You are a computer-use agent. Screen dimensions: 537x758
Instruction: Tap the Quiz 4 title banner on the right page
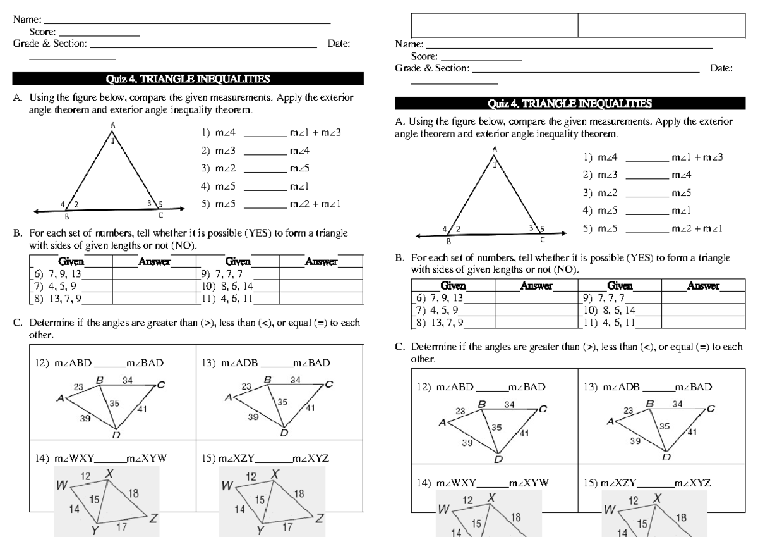(570, 103)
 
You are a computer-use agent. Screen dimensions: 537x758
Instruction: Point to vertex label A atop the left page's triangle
(113, 125)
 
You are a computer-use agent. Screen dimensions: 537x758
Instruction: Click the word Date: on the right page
(721, 68)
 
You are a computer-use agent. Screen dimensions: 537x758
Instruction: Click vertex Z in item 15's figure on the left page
(320, 518)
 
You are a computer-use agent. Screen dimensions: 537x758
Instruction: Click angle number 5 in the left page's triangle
(161, 204)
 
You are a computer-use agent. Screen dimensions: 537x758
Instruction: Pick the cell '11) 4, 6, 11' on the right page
(609, 321)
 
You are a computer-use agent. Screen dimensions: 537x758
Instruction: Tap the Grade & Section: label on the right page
(433, 68)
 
